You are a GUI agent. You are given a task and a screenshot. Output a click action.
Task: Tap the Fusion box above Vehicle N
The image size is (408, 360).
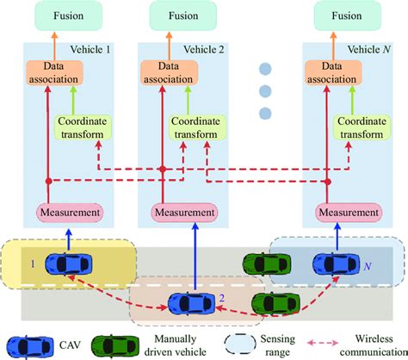pos(349,16)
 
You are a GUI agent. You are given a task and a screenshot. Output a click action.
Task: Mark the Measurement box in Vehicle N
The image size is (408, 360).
pos(349,211)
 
